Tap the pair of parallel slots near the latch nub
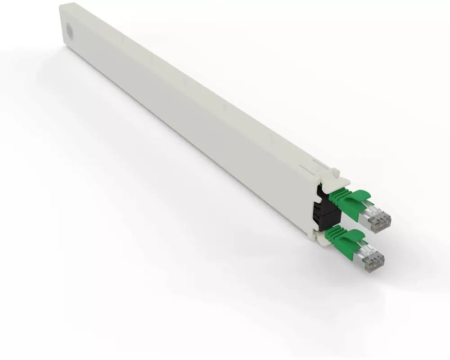click(310, 169)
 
